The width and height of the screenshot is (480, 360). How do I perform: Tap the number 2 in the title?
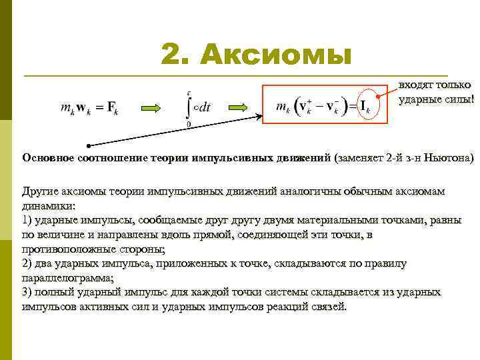point(174,54)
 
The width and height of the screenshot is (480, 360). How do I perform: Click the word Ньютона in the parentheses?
point(451,158)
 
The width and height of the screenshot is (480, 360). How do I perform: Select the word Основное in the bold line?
point(49,158)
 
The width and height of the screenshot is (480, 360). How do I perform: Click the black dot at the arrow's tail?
point(87,145)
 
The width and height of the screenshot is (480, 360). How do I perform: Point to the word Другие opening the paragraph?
point(41,191)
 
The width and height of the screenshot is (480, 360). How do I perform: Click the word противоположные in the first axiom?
point(71,249)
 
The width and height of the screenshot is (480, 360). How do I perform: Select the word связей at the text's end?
point(329,307)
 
